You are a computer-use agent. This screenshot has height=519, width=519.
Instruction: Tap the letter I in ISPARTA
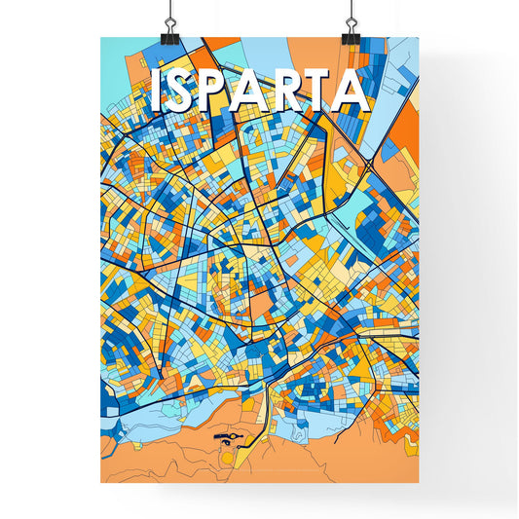pyautogui.click(x=158, y=91)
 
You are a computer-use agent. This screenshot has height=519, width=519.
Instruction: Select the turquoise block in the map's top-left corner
pyautogui.click(x=115, y=68)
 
